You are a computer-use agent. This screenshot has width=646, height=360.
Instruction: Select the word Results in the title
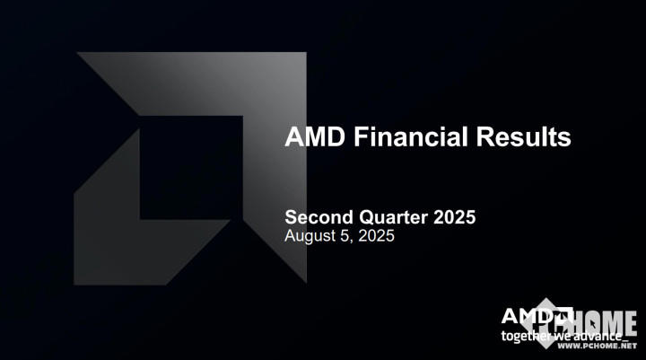pos(524,137)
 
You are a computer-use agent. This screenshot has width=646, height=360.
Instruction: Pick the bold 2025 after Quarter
pos(454,217)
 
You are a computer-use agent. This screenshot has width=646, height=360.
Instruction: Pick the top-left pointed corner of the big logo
pos(79,54)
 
